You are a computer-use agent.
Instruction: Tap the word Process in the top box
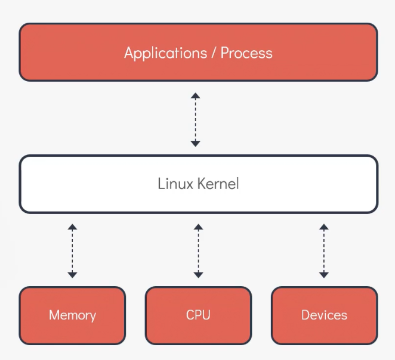[246, 52]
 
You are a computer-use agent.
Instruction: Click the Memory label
[72, 315]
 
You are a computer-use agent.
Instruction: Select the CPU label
[198, 315]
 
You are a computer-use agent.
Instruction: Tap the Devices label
[324, 315]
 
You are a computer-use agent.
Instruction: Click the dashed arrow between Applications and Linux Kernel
[195, 119]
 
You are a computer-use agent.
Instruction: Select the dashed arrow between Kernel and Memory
[72, 251]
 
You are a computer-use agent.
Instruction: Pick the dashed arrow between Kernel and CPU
[198, 251]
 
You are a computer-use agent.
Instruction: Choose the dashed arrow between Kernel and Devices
[324, 251]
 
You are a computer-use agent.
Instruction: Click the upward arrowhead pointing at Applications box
[195, 95]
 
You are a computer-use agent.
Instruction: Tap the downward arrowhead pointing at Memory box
[72, 275]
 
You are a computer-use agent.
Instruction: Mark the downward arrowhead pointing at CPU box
[198, 275]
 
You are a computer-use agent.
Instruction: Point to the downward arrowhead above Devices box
[324, 275]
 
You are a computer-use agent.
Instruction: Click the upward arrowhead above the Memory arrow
[72, 227]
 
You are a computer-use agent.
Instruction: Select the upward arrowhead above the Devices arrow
[324, 227]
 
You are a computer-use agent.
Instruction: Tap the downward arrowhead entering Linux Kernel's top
[195, 143]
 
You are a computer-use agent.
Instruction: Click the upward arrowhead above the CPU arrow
[198, 227]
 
